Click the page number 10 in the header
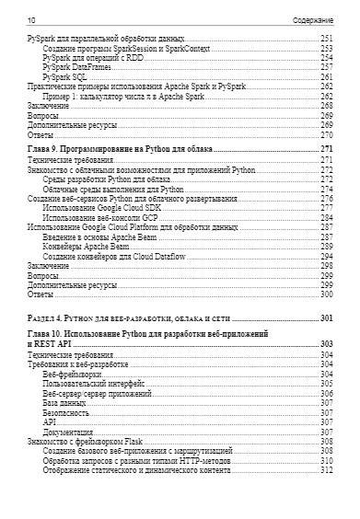pyautogui.click(x=32, y=18)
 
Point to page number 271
pyautogui.click(x=326, y=148)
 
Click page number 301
pyautogui.click(x=325, y=317)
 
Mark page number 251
pyautogui.click(x=326, y=38)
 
